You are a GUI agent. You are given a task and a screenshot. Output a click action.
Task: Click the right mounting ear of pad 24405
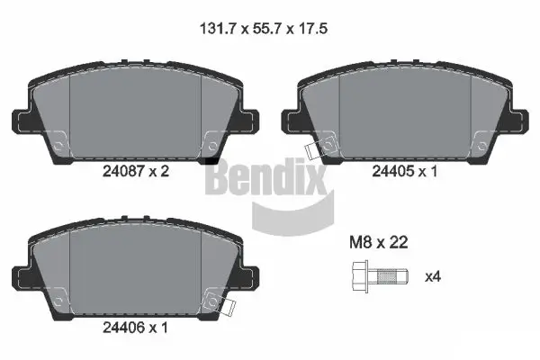pos(520,121)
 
